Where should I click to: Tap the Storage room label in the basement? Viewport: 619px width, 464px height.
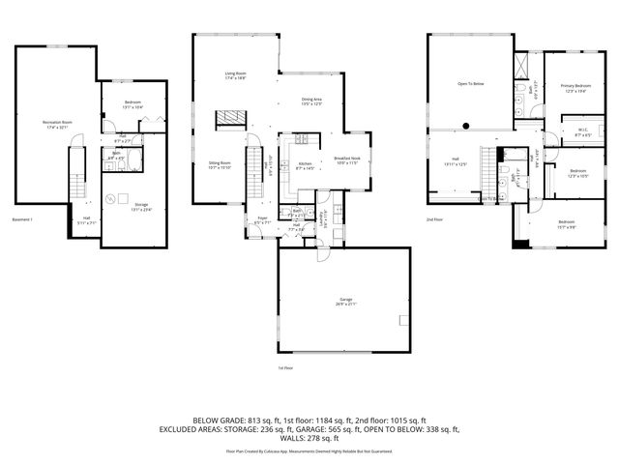(141, 206)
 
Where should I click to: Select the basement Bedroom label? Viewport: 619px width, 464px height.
(133, 104)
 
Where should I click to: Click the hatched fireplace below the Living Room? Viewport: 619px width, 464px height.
(227, 117)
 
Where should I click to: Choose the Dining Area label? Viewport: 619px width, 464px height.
(311, 101)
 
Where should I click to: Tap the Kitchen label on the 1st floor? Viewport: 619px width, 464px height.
(303, 165)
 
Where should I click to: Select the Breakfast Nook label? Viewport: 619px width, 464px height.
(346, 159)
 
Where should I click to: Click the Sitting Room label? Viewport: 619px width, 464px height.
(220, 164)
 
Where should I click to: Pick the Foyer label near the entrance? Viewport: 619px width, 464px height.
(261, 220)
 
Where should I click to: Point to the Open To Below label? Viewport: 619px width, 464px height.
(470, 84)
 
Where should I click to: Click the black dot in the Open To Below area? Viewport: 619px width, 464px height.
(466, 124)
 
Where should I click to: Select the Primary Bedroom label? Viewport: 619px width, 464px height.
(575, 88)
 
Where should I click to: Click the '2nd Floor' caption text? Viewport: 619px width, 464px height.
(435, 221)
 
